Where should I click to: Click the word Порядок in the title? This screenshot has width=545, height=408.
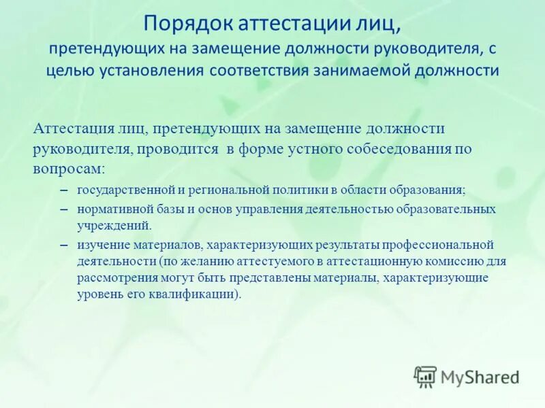click(187, 25)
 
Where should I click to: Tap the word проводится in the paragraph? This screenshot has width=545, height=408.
click(178, 148)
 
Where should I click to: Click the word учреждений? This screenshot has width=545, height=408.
click(113, 226)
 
